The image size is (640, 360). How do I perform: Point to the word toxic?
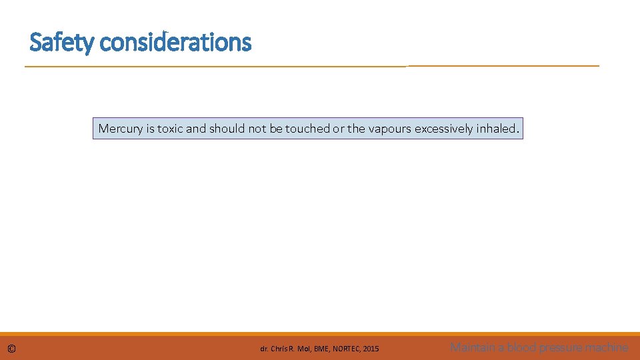coord(170,129)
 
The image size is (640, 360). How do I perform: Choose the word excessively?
coord(444,129)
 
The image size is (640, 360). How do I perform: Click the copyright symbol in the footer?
coord(12,348)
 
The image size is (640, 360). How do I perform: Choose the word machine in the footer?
coord(608,347)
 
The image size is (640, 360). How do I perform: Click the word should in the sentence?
coord(227,129)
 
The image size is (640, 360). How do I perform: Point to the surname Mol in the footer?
coord(303,349)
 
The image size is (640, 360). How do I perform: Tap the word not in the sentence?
coord(257,129)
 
